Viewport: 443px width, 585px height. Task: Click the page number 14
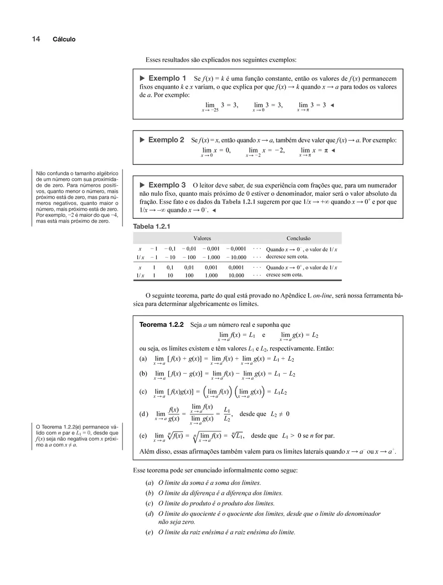(x=36, y=39)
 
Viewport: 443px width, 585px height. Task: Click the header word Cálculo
(x=64, y=39)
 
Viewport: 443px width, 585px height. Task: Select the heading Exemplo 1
(x=167, y=79)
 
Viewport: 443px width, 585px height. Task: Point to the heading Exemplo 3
(x=167, y=185)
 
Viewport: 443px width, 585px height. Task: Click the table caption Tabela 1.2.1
(x=152, y=226)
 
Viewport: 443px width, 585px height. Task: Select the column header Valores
(x=202, y=239)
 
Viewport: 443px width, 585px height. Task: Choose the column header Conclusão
(x=298, y=239)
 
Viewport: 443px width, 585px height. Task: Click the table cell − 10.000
(x=236, y=257)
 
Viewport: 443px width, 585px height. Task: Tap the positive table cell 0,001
(x=211, y=267)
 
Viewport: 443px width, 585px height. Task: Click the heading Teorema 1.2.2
(x=162, y=325)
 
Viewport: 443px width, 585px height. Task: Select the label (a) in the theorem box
(x=143, y=359)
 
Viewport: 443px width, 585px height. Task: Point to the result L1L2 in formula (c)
(x=280, y=392)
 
